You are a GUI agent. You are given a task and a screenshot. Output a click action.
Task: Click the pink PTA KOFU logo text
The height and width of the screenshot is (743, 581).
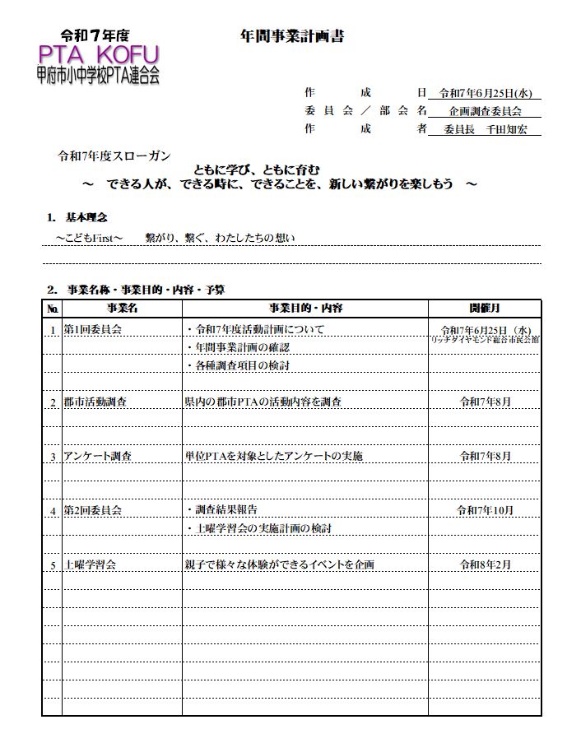(x=98, y=56)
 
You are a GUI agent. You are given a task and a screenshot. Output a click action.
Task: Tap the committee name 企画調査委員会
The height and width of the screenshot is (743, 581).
(x=486, y=111)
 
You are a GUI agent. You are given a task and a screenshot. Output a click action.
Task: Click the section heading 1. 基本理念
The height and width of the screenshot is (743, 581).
(x=77, y=218)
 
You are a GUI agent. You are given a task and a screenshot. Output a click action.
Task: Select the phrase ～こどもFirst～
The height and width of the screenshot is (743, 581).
(x=89, y=238)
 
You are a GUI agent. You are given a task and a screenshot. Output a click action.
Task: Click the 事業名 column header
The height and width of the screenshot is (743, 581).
(x=122, y=309)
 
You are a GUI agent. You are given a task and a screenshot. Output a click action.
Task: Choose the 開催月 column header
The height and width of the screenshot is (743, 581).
(x=485, y=309)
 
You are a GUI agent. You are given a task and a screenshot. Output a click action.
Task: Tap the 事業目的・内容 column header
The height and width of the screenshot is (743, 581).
(x=304, y=309)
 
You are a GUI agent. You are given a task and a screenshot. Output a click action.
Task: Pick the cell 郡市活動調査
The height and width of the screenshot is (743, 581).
(x=95, y=402)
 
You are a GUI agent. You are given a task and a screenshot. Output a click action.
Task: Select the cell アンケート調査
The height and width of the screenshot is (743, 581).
(x=98, y=456)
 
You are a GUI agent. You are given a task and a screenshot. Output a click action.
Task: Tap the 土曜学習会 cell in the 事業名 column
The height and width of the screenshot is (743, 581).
(x=90, y=564)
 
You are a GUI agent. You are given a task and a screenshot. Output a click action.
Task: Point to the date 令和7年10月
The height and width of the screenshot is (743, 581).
(x=485, y=510)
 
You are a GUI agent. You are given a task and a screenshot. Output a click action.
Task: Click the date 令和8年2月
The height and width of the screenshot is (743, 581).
(x=485, y=564)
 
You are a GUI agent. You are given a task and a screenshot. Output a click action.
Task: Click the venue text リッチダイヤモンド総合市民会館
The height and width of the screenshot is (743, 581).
(x=485, y=339)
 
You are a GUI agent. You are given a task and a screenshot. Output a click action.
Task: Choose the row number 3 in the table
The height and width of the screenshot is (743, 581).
(x=53, y=457)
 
